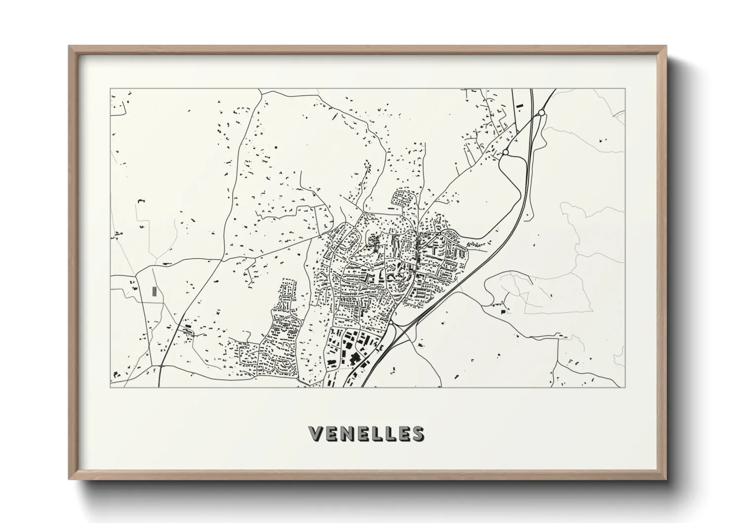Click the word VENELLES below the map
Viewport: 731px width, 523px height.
[x=365, y=434]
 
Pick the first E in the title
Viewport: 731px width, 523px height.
[x=330, y=434]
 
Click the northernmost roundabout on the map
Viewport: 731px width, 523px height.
[x=541, y=113]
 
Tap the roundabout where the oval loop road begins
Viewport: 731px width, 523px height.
[x=505, y=152]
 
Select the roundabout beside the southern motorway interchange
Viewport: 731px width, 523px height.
[x=391, y=323]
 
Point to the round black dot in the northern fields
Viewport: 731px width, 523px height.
[x=276, y=147]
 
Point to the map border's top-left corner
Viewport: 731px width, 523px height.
[x=110, y=89]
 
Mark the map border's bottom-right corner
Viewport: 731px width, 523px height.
[x=624, y=387]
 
